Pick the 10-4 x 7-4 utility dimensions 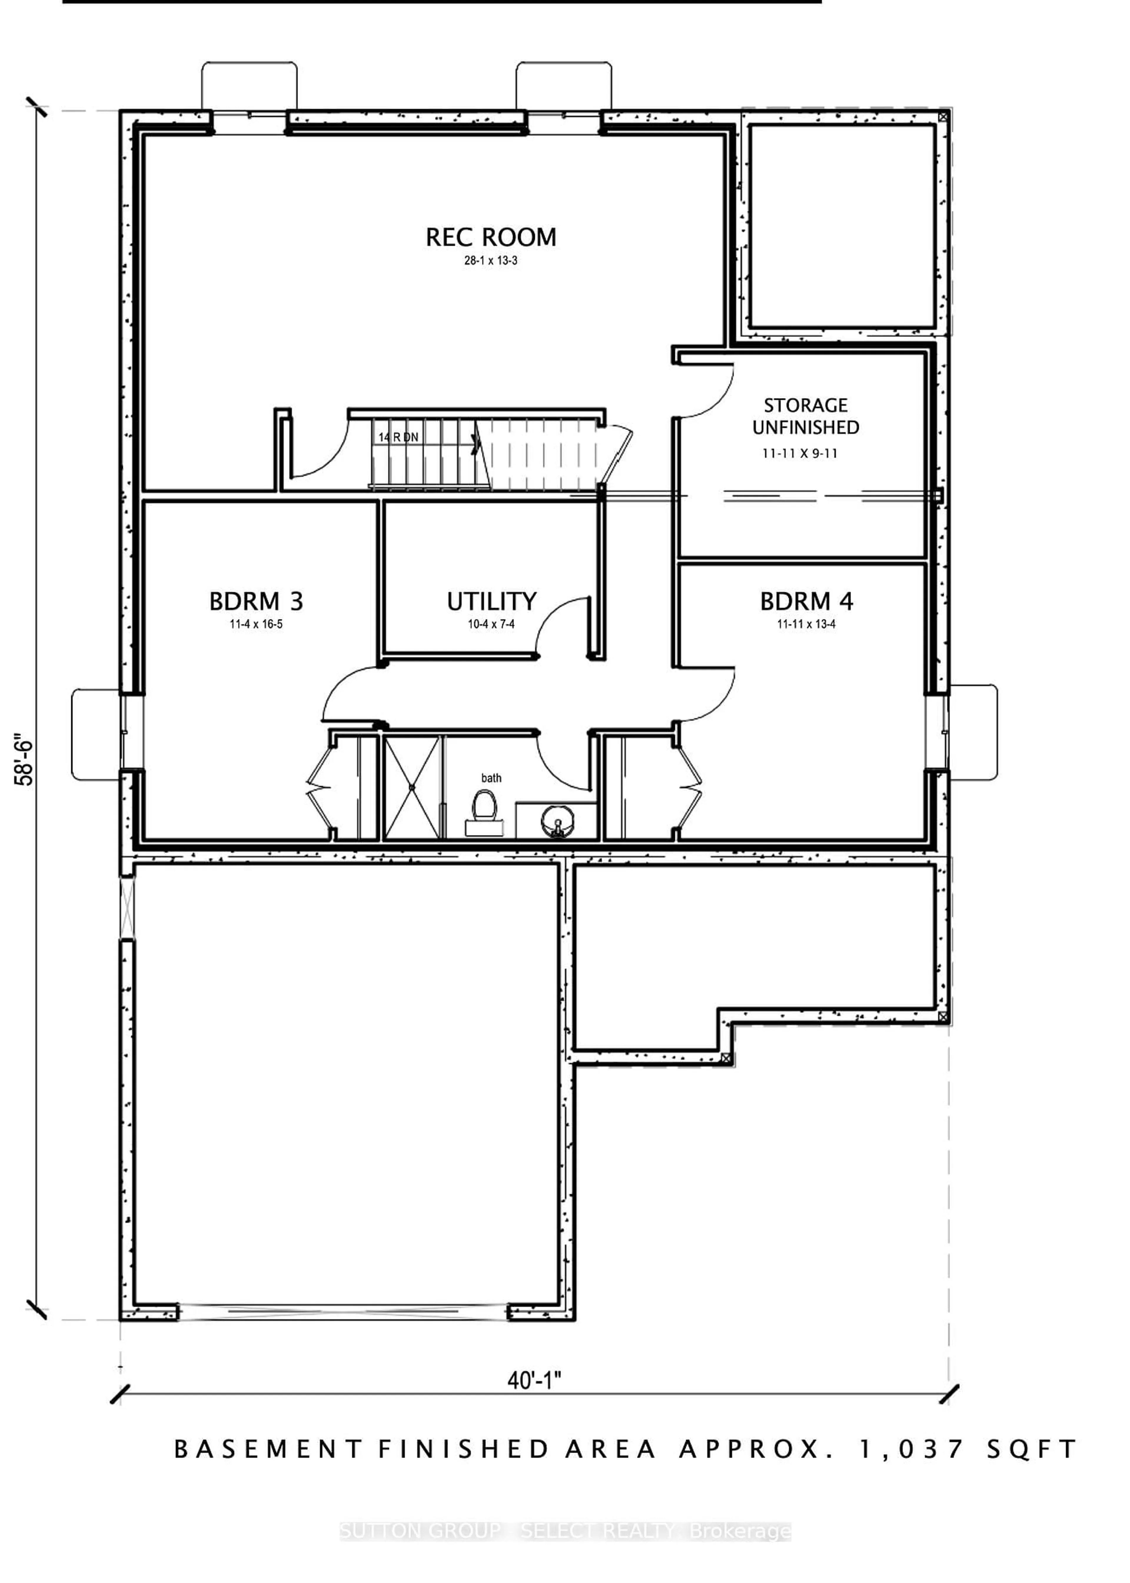pos(491,624)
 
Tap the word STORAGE pos(806,405)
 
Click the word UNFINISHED pos(806,427)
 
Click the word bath pos(491,778)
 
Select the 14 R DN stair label pos(399,437)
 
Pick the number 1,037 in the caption pos(912,1449)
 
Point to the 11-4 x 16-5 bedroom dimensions pos(256,624)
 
